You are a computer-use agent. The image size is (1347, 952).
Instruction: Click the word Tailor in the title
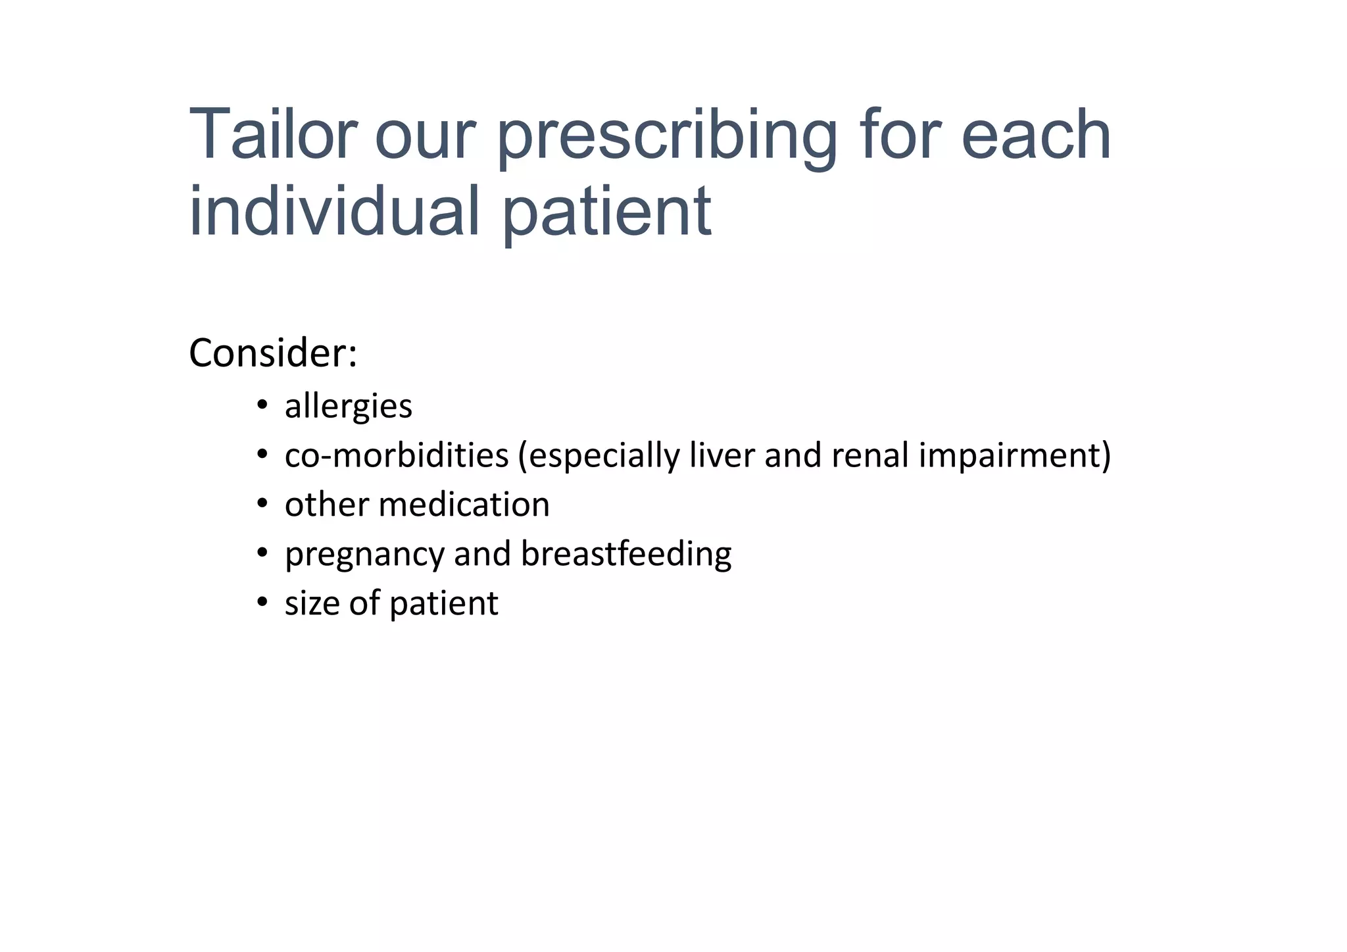pyautogui.click(x=272, y=135)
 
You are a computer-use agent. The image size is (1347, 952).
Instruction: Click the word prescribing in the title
pyautogui.click(x=667, y=138)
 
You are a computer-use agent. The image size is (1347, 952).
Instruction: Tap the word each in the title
pyautogui.click(x=1036, y=135)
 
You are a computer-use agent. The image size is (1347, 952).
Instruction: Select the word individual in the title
pyautogui.click(x=333, y=211)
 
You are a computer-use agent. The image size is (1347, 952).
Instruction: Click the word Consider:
pyautogui.click(x=273, y=353)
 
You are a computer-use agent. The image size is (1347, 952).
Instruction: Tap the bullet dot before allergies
pyautogui.click(x=262, y=405)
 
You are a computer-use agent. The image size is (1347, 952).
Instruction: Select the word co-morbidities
pyautogui.click(x=397, y=455)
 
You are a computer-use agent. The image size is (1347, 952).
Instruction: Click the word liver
pyautogui.click(x=722, y=455)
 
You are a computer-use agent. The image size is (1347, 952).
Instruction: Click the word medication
pyautogui.click(x=464, y=505)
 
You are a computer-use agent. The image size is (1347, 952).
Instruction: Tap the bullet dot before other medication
pyautogui.click(x=262, y=504)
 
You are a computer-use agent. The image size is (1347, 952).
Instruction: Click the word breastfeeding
pyautogui.click(x=625, y=554)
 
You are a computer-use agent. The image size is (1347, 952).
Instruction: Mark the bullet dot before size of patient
pyautogui.click(x=262, y=602)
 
